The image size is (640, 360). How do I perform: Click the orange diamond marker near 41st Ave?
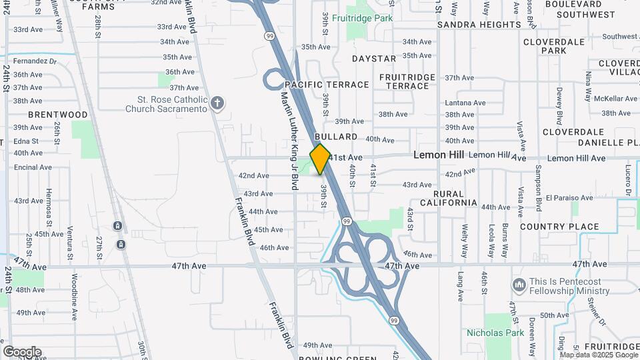320,159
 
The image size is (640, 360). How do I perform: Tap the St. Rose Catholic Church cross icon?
217,103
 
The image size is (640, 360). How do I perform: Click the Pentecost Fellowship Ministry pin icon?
519,285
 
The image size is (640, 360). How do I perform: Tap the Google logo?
22,351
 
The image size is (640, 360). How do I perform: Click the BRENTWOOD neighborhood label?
58,115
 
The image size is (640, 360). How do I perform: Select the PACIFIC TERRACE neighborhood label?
327,85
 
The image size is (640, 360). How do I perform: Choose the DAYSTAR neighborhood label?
374,59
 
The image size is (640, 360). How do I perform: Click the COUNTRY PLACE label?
559,227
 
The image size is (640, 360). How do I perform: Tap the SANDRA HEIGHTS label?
479,25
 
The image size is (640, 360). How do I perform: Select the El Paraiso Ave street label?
569,198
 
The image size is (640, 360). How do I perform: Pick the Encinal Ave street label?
28,167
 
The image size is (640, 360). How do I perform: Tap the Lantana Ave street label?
465,103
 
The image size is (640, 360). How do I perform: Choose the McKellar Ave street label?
615,99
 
